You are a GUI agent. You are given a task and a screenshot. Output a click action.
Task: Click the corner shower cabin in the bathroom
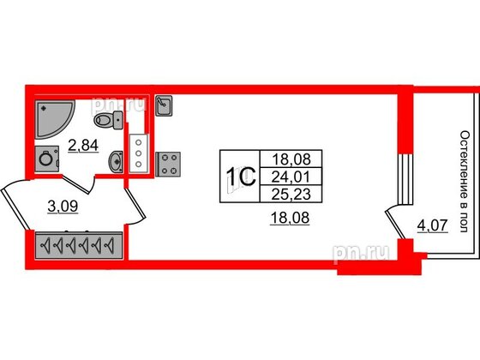(x=52, y=118)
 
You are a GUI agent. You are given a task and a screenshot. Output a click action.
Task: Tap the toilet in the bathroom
(x=108, y=120)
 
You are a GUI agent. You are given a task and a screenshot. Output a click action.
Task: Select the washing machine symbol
(x=47, y=159)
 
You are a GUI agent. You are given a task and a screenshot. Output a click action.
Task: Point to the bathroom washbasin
(x=116, y=161)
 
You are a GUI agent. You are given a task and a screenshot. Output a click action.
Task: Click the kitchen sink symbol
(x=164, y=105)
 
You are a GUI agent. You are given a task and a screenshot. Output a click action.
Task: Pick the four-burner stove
(x=168, y=164)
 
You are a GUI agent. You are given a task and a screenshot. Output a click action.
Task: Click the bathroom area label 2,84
(x=83, y=146)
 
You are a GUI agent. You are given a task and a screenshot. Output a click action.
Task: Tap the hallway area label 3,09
(x=63, y=207)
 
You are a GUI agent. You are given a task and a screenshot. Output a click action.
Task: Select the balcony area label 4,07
(x=433, y=226)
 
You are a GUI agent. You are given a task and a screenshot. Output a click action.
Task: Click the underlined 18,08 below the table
(x=290, y=219)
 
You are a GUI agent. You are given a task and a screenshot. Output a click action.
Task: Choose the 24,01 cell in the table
(x=291, y=177)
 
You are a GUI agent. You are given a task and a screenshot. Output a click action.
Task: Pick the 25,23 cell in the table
(x=291, y=194)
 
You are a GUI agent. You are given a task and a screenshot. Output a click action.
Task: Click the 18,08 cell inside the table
(x=291, y=159)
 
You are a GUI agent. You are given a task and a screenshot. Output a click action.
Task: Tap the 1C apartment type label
(x=240, y=177)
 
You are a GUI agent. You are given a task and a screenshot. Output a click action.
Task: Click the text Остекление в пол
(x=465, y=182)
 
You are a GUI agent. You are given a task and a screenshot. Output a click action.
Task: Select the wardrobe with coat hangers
(x=79, y=245)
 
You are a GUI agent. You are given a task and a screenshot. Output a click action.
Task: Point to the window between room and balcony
(x=405, y=179)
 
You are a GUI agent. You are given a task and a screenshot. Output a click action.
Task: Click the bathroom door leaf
(x=76, y=184)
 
